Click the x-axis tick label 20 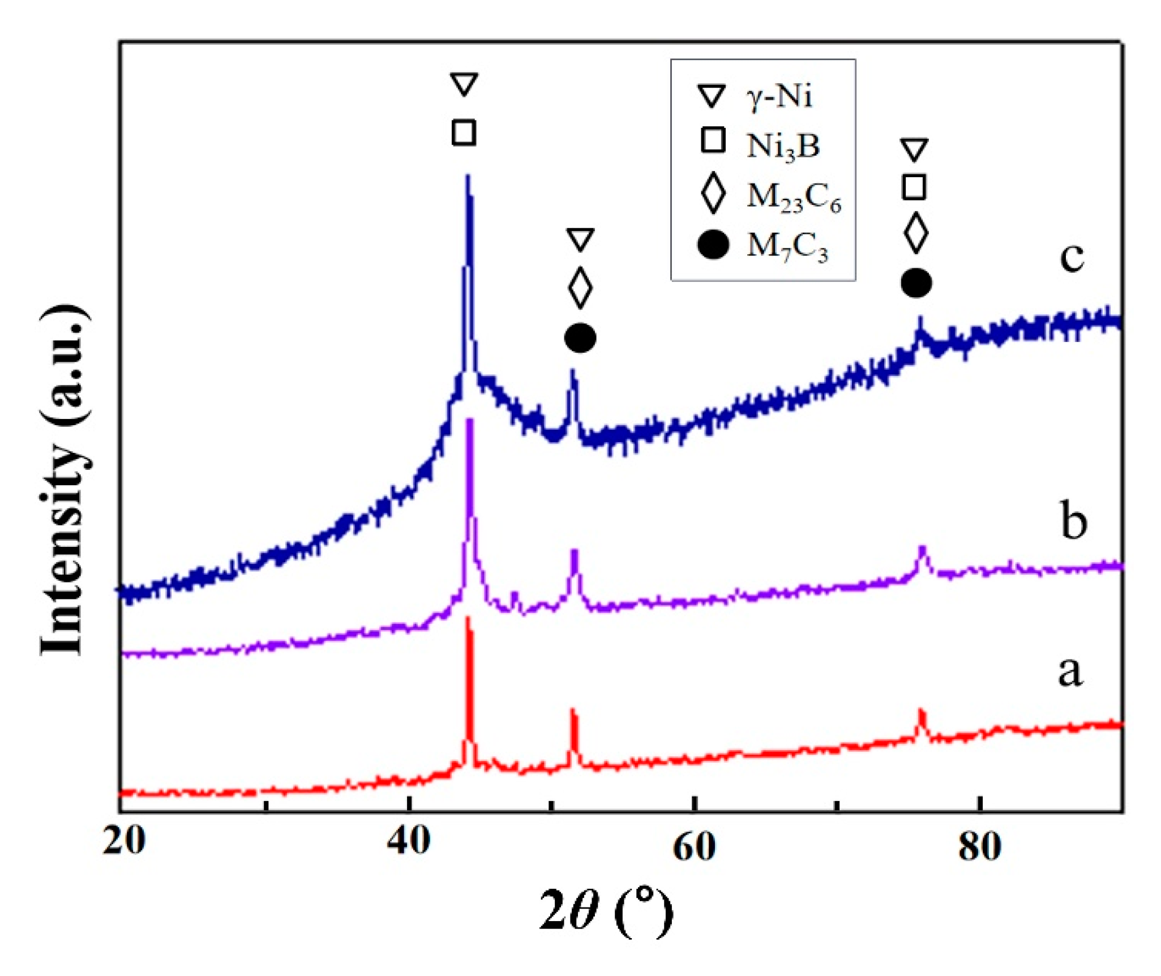pos(123,842)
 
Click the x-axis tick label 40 pos(408,842)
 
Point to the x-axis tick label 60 pos(694,847)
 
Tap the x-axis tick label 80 pos(979,847)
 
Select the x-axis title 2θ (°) pos(606,911)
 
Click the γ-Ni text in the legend pos(779,96)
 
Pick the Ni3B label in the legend pos(783,146)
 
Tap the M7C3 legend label pos(787,247)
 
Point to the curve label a pos(1070,671)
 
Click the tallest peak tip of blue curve pos(467,177)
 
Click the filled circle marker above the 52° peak pos(580,339)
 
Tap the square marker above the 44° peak pos(464,133)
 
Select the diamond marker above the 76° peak pos(916,233)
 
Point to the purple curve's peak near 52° pos(575,550)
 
